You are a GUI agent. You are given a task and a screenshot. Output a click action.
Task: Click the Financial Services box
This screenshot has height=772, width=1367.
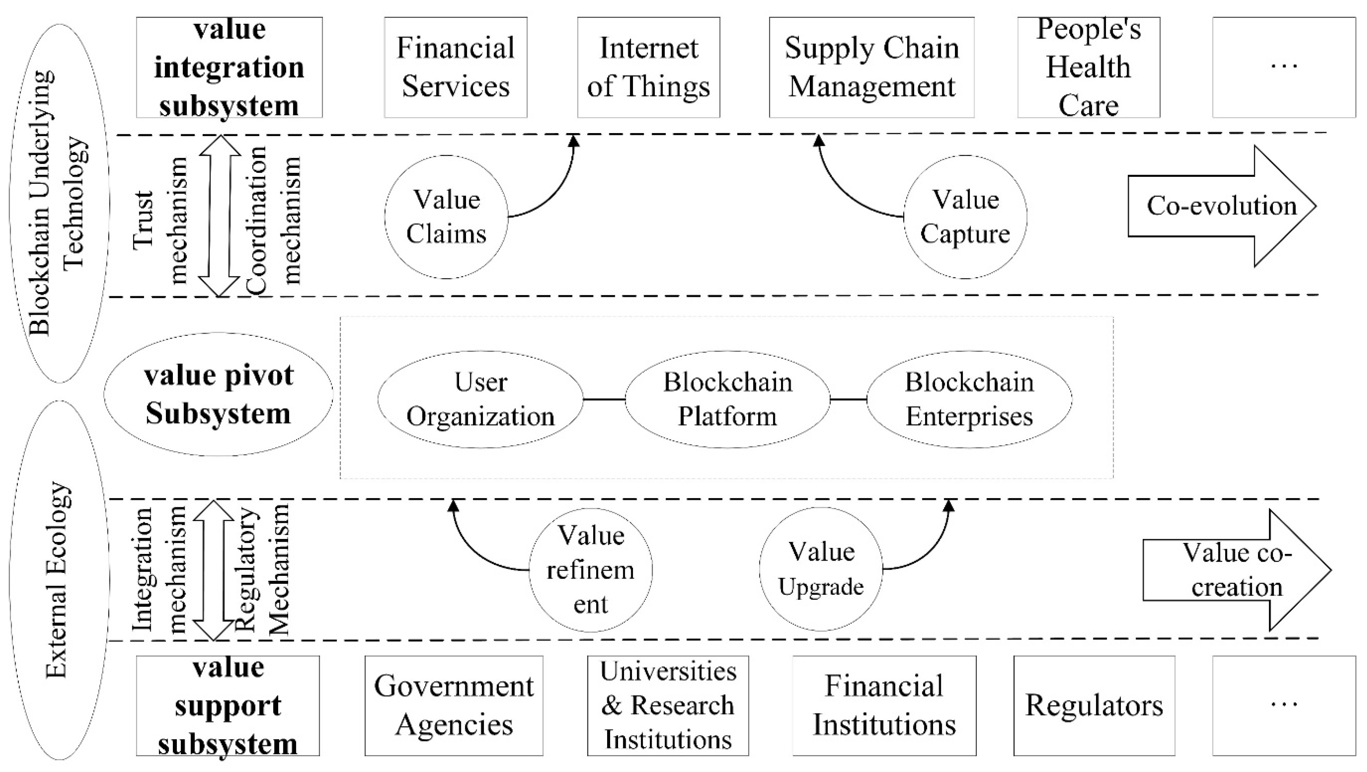455,67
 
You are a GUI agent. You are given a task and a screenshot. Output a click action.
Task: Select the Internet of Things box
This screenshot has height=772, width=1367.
648,67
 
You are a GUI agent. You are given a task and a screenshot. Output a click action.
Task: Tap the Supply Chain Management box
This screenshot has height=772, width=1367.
871,67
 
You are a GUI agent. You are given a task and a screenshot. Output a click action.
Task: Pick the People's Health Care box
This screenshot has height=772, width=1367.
1088,67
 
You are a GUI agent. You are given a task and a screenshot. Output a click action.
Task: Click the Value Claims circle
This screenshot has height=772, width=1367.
446,217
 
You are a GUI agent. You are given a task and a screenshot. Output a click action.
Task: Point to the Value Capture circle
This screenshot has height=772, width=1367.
965,217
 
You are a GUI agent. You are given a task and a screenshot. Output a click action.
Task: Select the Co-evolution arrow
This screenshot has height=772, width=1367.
1220,206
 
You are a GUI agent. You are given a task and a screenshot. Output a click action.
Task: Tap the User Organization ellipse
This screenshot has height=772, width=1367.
480,399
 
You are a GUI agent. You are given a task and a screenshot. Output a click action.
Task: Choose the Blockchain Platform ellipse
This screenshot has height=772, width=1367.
727,399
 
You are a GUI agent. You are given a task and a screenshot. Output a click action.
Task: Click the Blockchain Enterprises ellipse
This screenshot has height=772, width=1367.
969,399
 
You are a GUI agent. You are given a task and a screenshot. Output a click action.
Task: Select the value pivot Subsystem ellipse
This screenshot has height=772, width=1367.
218,394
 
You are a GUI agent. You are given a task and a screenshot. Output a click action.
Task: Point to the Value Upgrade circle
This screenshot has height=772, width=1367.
820,569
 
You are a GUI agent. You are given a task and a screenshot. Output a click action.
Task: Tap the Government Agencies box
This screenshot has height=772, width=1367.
454,706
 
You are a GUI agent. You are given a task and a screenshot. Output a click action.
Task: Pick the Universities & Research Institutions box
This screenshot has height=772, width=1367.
668,706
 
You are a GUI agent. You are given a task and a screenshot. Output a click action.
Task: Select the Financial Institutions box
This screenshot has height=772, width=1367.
884,706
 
